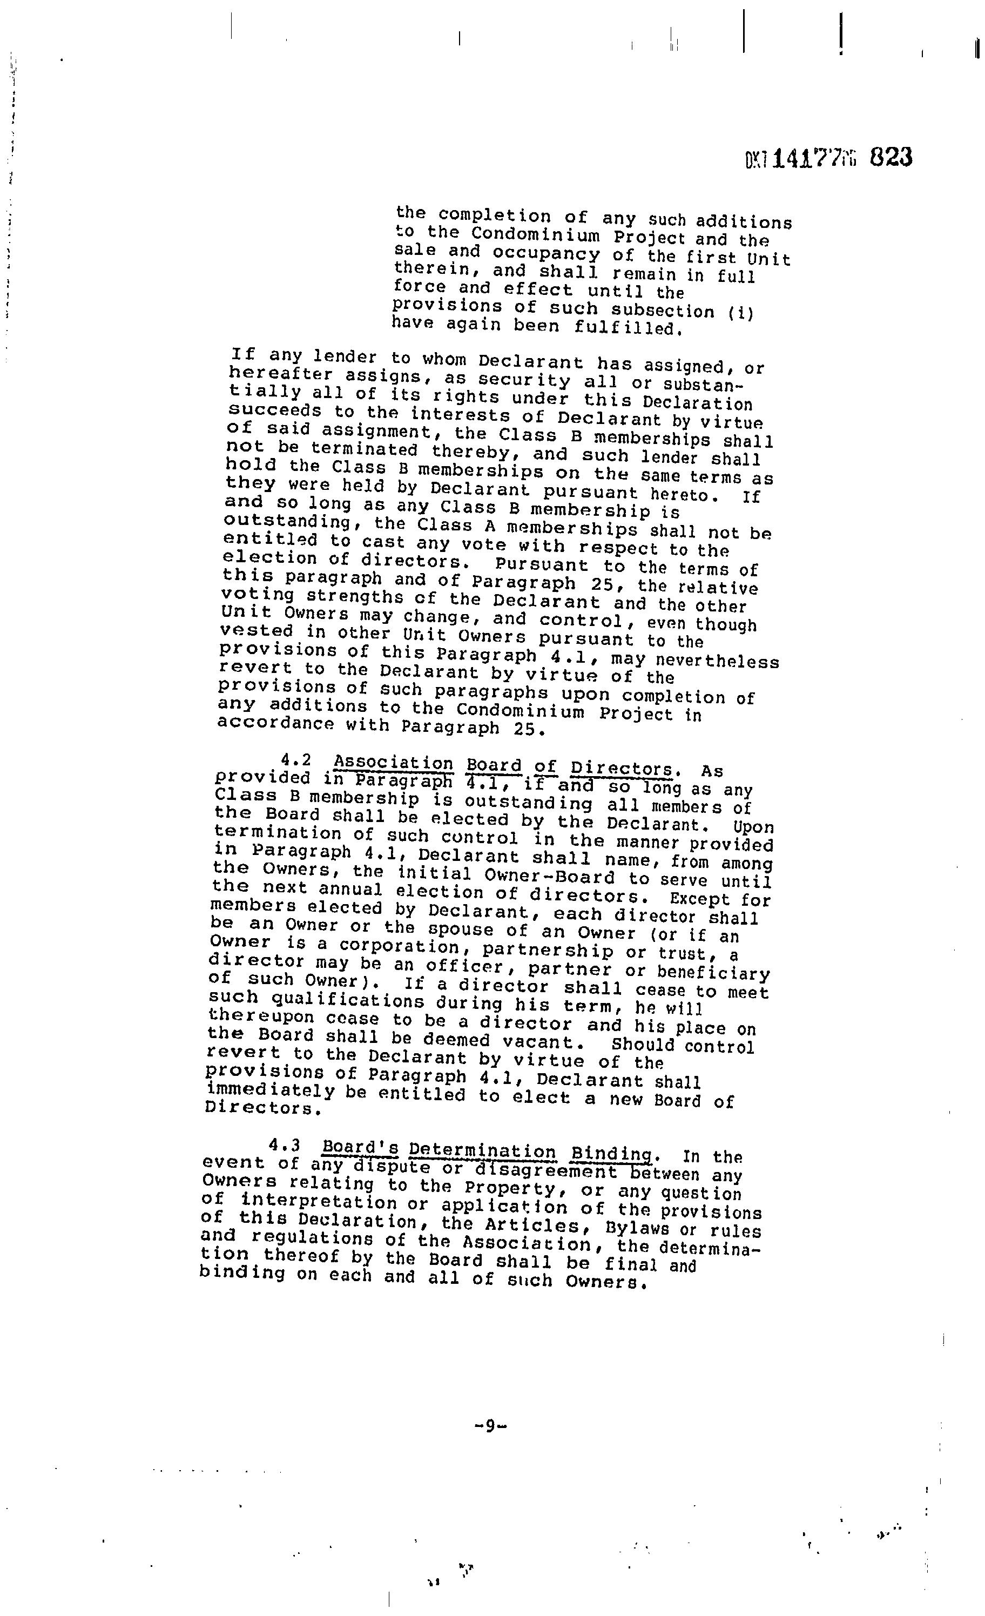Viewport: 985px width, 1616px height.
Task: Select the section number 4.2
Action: [296, 761]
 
